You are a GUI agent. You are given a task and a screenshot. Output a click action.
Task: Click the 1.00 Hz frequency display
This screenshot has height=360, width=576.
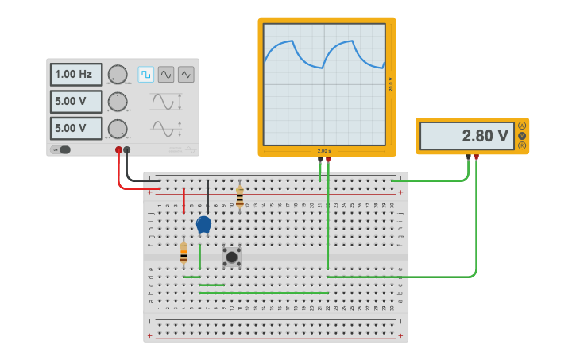[76, 74]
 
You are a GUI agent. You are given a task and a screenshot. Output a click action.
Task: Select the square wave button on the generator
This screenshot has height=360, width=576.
[146, 74]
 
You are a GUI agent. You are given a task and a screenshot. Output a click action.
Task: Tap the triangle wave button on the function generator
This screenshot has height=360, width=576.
[186, 74]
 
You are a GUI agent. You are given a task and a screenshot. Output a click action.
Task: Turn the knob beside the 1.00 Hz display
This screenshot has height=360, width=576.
[117, 75]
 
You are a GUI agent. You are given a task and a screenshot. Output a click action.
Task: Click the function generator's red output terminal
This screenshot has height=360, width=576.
[118, 149]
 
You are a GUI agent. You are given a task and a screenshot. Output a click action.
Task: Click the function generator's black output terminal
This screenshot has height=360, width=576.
[126, 149]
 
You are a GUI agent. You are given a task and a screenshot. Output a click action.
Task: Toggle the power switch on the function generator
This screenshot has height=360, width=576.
[61, 149]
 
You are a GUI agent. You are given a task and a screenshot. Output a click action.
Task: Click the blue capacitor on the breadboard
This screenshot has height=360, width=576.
[204, 224]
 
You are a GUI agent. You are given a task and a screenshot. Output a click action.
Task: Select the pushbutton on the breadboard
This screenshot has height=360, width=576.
[231, 256]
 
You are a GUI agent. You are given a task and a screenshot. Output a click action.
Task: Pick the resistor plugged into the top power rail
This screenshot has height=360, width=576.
[239, 197]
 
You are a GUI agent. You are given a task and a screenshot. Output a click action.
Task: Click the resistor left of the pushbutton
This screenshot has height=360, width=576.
[184, 254]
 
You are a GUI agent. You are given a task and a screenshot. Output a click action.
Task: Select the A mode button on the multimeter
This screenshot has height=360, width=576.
[522, 126]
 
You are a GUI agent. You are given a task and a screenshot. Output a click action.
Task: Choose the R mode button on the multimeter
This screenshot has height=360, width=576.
[522, 145]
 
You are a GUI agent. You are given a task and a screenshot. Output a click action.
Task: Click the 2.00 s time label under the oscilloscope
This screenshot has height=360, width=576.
[324, 150]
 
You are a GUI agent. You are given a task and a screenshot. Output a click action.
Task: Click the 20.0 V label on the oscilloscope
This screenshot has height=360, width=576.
[390, 84]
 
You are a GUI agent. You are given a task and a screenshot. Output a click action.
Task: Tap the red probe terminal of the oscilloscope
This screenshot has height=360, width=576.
[328, 159]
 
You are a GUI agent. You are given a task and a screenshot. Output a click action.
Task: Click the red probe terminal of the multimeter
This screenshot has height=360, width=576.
[476, 157]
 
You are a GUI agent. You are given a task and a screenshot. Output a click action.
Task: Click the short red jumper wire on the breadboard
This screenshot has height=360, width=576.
[184, 200]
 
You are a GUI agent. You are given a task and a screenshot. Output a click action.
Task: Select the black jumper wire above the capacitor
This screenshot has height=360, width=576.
[207, 195]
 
